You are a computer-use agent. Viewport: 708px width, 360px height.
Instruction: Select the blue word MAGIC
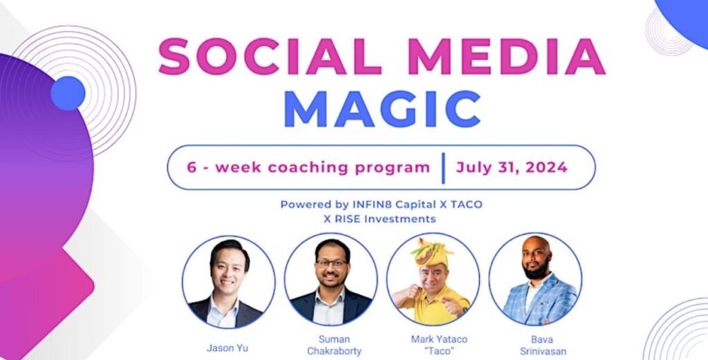point(382,109)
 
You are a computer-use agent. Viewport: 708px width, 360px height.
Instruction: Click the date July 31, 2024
point(512,167)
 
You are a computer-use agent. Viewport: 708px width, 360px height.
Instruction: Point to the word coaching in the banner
point(308,168)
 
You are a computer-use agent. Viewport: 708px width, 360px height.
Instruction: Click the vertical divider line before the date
point(443,168)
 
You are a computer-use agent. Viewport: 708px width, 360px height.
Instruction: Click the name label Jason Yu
point(227,348)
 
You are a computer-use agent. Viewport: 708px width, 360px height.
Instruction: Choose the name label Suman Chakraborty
point(334,345)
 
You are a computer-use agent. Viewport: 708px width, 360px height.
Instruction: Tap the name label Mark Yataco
point(439,339)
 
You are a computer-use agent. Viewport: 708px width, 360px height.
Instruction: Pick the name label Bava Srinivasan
point(543,345)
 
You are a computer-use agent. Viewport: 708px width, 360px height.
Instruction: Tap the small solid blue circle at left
point(68,93)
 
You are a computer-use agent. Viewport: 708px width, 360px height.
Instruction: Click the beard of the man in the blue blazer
point(537,272)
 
